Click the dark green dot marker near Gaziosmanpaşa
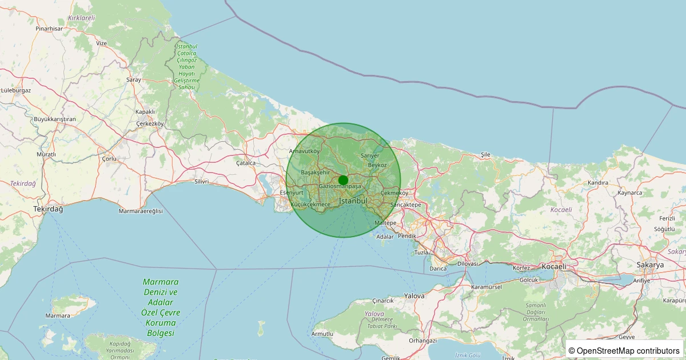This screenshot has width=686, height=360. (x=343, y=180)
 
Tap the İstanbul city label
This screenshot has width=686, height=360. (x=353, y=201)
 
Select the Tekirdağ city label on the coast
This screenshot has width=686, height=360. (x=48, y=209)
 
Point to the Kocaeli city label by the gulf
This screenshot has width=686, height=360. (x=553, y=266)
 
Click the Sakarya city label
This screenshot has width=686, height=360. (x=650, y=265)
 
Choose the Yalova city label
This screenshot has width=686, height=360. (x=414, y=296)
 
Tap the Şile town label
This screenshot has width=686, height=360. (x=486, y=154)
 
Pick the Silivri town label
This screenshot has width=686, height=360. (x=202, y=182)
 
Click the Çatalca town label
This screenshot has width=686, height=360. (x=246, y=163)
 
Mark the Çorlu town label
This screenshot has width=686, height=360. (x=109, y=158)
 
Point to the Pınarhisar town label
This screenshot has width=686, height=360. (x=49, y=28)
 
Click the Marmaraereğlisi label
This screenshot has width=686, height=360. (x=141, y=211)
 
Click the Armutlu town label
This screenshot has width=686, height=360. (x=322, y=334)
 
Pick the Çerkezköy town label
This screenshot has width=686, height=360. (x=150, y=123)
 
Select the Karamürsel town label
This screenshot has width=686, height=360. (x=485, y=286)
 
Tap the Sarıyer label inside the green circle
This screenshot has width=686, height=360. (x=370, y=155)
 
